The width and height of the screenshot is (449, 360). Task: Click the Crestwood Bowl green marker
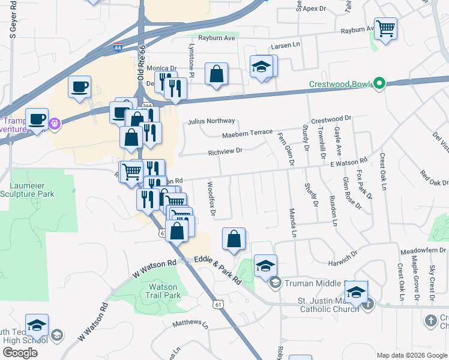click(x=379, y=83)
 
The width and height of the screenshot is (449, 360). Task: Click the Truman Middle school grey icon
click(x=276, y=283)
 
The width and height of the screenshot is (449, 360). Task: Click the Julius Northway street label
click(x=211, y=121)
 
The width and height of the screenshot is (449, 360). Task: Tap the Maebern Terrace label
click(x=247, y=133)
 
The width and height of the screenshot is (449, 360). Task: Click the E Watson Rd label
click(x=348, y=162)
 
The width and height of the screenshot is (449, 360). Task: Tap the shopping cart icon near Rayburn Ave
click(x=385, y=28)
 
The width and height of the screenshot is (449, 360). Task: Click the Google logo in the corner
click(x=20, y=353)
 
